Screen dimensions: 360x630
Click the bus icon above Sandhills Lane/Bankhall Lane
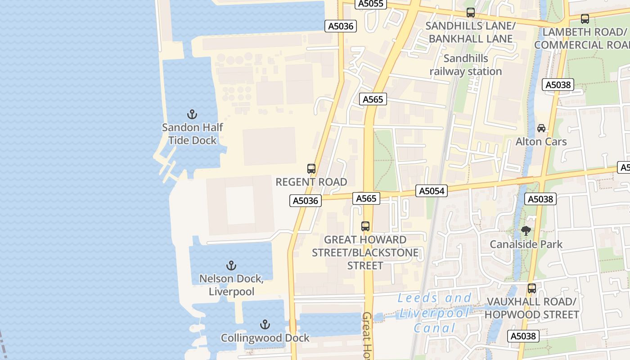click(471, 13)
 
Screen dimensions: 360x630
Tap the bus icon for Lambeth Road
click(585, 19)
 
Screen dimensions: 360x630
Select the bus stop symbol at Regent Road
click(311, 169)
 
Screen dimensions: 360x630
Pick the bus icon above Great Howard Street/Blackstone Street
click(365, 226)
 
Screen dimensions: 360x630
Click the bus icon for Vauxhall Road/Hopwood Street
click(532, 288)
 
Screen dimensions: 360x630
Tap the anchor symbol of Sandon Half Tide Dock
click(192, 114)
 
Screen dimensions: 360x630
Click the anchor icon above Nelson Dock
click(231, 265)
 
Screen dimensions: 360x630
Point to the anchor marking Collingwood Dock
click(265, 324)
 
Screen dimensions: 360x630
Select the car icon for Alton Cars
click(541, 128)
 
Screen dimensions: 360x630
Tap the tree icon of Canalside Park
click(526, 231)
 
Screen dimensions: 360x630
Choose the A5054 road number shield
click(432, 191)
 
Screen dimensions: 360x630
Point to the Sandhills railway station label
click(466, 65)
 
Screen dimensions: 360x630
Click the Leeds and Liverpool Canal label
click(435, 313)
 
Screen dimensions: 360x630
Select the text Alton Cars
click(541, 142)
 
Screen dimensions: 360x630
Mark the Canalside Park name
click(526, 244)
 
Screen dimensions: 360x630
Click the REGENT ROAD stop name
click(311, 182)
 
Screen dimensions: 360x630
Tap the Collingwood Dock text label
click(265, 338)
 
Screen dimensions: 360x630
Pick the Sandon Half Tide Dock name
click(192, 134)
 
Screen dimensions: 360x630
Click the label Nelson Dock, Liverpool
click(231, 285)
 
